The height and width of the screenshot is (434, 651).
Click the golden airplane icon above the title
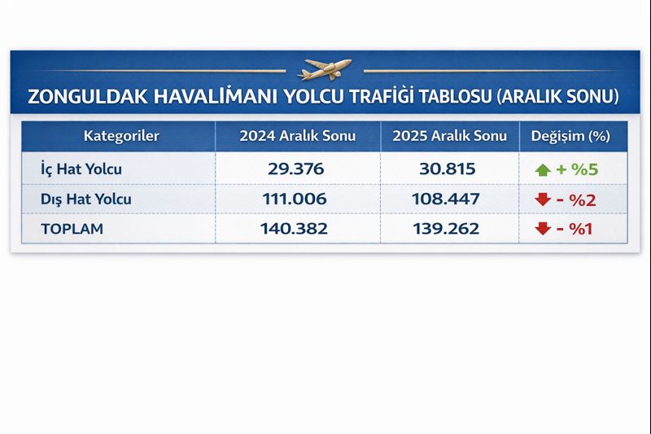point(325,68)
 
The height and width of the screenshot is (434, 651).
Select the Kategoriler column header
point(121,136)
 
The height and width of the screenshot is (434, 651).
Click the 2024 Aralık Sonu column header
point(297,136)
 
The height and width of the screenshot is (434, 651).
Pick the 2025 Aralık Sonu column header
point(449,136)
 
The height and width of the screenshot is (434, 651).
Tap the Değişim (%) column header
point(570,136)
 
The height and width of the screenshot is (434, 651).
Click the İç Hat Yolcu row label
point(81,169)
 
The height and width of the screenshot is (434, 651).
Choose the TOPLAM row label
point(72,229)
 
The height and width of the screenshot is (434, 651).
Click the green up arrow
point(542,169)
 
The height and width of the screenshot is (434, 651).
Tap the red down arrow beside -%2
point(543,199)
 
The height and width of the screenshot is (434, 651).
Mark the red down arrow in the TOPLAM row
point(543,229)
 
